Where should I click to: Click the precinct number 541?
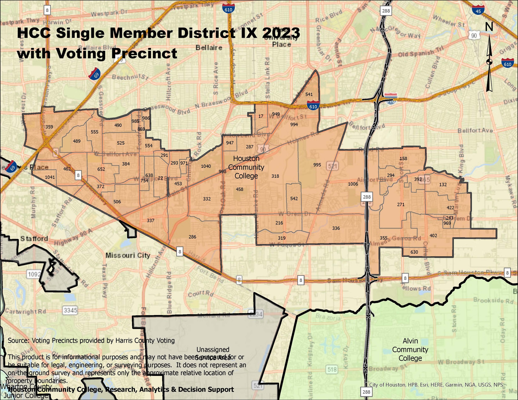309,94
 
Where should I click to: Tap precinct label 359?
49,127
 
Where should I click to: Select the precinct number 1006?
353,184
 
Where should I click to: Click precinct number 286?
192,237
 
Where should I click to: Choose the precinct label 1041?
50,177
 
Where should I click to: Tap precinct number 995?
317,165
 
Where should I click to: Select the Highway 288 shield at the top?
386,11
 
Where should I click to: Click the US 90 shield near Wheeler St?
474,35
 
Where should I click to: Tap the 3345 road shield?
70,310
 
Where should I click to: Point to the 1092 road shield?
34,274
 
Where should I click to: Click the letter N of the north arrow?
489,27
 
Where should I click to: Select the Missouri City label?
128,256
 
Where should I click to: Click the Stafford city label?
34,239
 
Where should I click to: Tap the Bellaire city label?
209,48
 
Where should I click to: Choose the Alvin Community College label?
410,350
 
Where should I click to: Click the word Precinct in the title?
144,54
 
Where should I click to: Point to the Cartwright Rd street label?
25,311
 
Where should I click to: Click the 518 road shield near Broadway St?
332,369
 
